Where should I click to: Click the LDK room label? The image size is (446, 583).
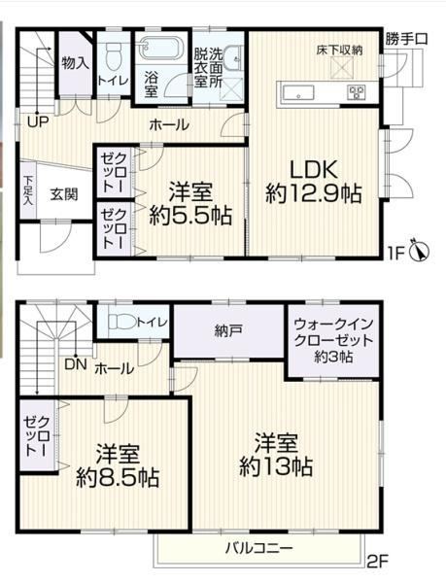(314, 170)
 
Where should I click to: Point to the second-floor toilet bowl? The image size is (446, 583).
(123, 322)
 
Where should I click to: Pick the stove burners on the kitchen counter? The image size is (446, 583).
(357, 92)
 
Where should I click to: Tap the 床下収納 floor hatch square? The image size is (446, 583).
(340, 68)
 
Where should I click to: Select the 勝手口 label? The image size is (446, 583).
(406, 39)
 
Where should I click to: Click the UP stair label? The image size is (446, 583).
(38, 121)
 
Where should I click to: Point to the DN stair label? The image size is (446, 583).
(76, 364)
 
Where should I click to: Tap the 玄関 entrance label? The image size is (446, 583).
(64, 194)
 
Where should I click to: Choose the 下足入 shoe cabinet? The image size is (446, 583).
(28, 190)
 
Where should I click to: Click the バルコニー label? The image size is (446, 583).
(259, 548)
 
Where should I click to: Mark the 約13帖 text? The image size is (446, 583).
(276, 466)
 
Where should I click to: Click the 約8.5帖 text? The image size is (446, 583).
(118, 477)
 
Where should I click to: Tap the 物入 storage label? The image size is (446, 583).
(76, 63)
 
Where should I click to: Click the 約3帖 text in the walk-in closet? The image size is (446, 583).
(333, 357)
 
